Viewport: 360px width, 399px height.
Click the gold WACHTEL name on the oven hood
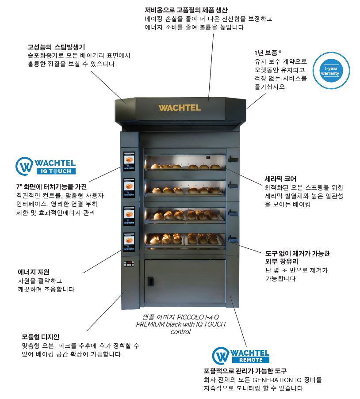[180, 107]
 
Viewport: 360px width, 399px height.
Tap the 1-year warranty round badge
[331, 71]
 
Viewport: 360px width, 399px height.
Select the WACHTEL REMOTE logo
[241, 356]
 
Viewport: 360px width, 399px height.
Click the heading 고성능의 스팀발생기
[56, 47]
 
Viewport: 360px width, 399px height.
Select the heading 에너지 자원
[34, 272]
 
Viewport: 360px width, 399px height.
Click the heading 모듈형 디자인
[40, 337]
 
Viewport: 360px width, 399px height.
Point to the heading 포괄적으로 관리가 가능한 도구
[245, 371]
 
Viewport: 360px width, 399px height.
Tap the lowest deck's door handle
[233, 239]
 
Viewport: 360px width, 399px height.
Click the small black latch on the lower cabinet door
[151, 281]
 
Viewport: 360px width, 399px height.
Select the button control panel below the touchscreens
[129, 264]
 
